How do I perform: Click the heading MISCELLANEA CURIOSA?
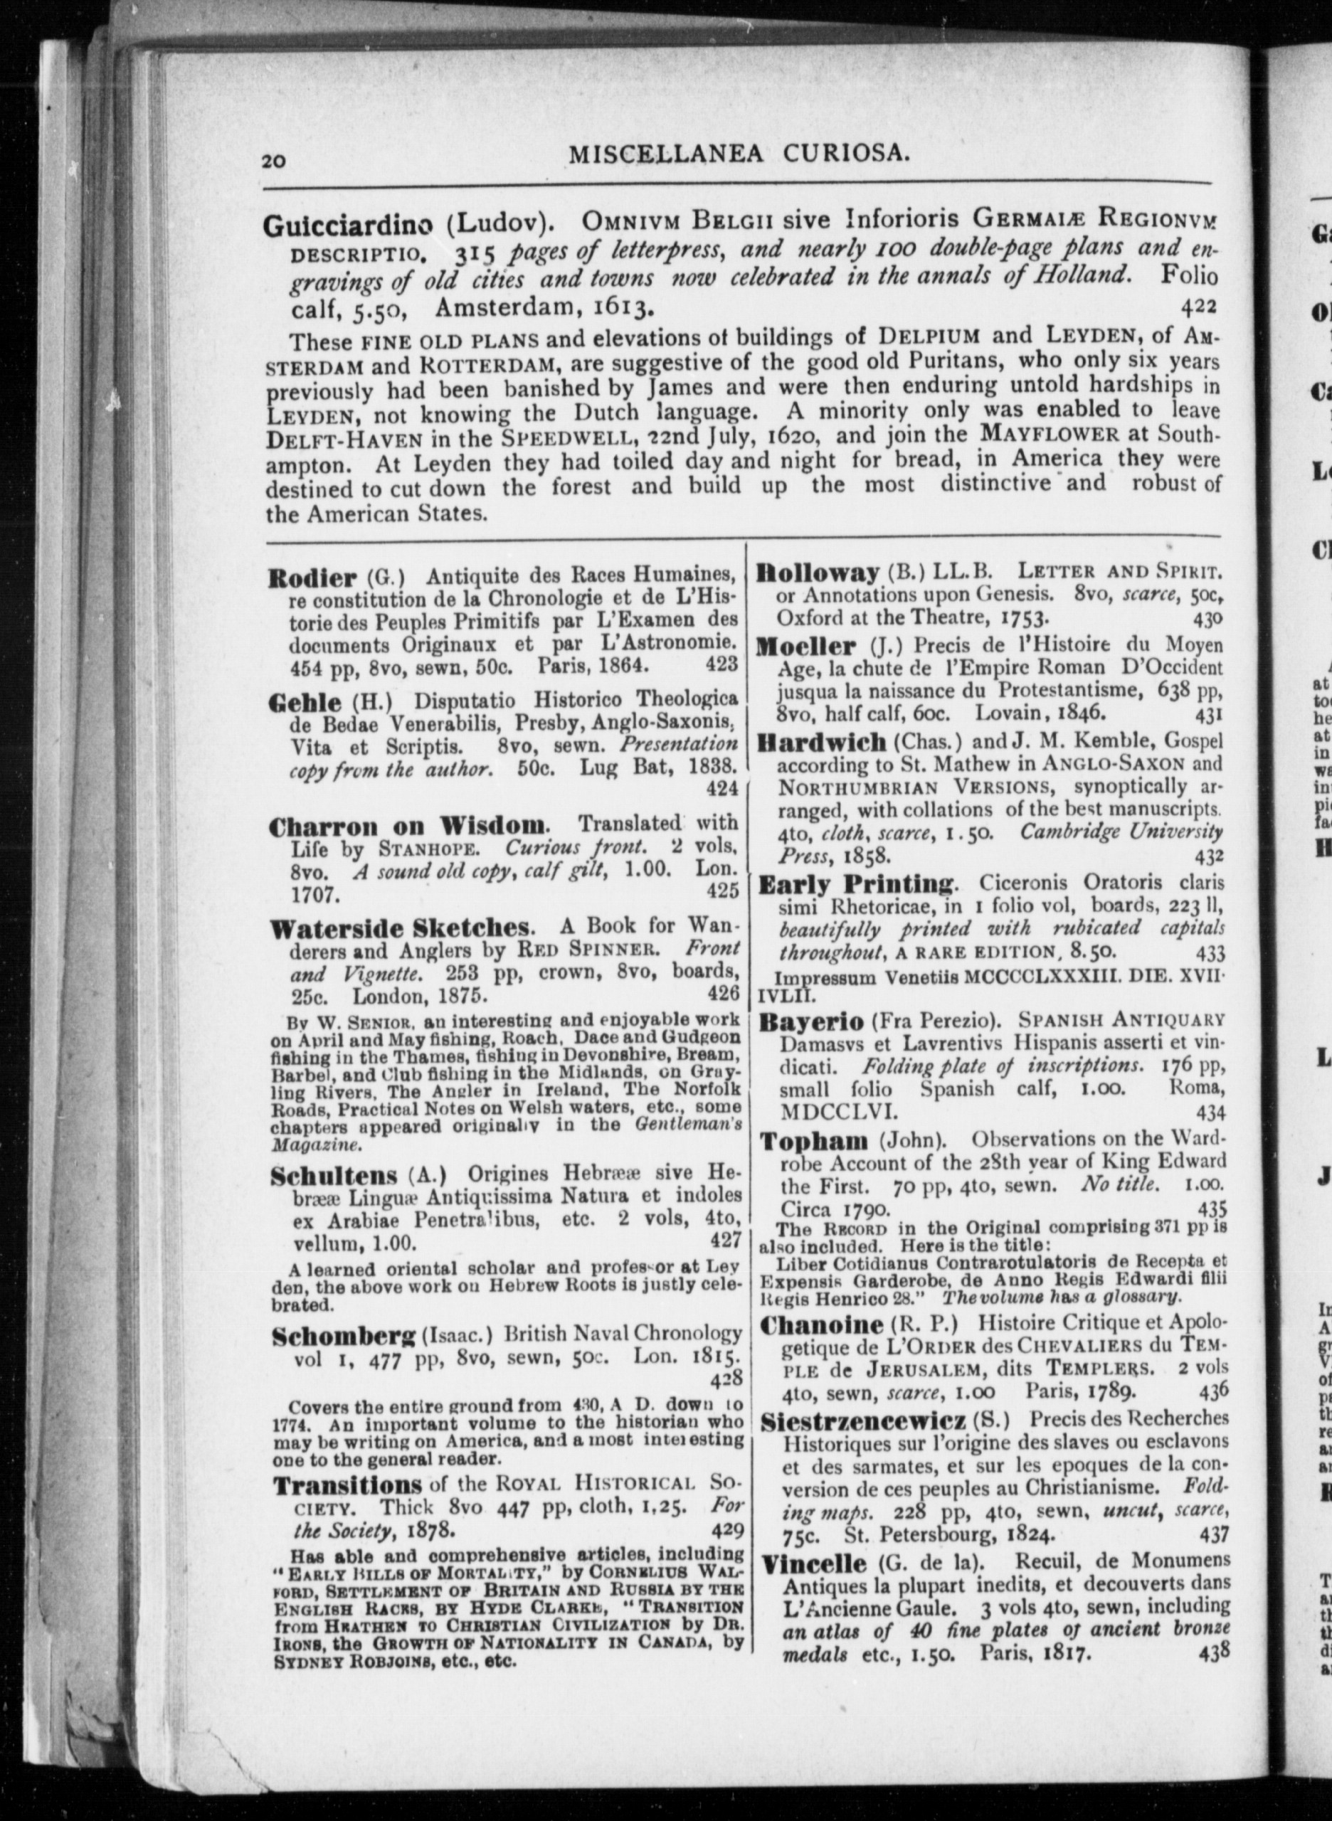(739, 153)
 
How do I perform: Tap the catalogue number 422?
(1198, 307)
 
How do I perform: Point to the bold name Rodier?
(312, 578)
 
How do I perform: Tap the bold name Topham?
(813, 1142)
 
